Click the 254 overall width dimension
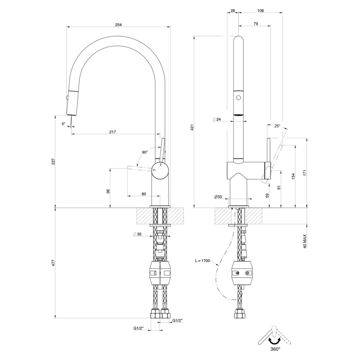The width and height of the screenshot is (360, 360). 118,25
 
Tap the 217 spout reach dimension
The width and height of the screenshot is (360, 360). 112,132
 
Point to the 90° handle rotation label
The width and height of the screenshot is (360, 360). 145,152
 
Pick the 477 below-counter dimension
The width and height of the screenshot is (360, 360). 53,263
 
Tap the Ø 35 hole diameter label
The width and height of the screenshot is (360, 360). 137,234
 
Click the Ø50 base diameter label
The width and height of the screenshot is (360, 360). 218,197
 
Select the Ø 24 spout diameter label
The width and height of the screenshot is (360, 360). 217,119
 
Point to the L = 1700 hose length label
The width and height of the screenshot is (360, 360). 203,261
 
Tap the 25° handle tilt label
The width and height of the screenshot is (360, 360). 277,126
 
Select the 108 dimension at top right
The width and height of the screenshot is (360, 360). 261,11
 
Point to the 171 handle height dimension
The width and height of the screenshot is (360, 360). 305,172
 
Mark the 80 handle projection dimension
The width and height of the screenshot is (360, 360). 144,194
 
